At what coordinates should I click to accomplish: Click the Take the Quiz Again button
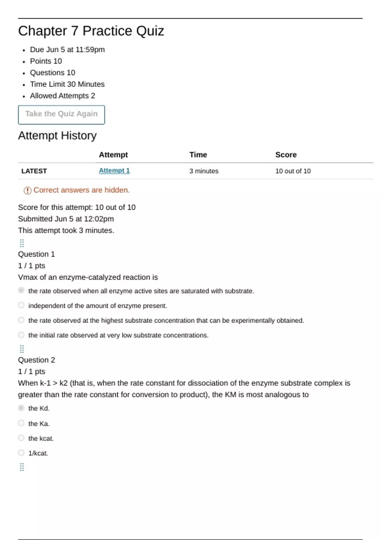click(61, 114)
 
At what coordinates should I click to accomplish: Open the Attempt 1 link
click(114, 171)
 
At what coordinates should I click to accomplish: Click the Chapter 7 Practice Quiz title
click(91, 31)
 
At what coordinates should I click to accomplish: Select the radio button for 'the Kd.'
click(21, 408)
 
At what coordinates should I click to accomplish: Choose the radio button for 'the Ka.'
click(21, 423)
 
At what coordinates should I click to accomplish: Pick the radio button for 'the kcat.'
click(21, 438)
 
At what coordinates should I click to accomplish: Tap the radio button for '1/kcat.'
click(21, 453)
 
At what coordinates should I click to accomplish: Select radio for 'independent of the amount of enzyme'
click(21, 305)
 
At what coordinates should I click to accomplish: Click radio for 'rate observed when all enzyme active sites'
click(21, 290)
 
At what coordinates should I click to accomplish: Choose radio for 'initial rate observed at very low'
click(21, 335)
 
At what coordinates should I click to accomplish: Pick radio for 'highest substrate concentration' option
click(21, 320)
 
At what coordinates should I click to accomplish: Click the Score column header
click(286, 155)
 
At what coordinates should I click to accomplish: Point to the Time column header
click(198, 155)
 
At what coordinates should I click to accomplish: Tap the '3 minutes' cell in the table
click(204, 171)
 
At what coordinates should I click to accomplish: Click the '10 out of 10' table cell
click(293, 171)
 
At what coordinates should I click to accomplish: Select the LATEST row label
click(34, 171)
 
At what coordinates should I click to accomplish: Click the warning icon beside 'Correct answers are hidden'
click(27, 190)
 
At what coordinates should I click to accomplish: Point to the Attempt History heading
click(57, 136)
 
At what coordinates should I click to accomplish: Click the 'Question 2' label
click(37, 360)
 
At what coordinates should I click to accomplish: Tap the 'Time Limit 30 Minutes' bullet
click(67, 84)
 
